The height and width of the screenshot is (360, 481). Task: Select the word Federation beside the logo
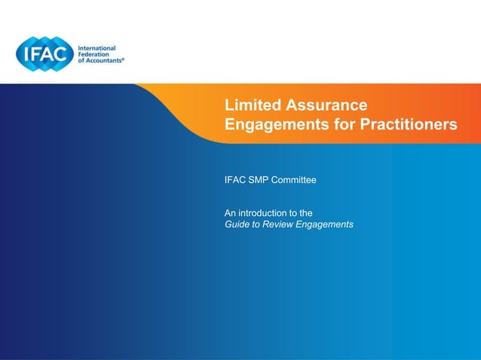[x=98, y=54]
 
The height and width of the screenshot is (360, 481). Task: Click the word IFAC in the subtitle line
[x=235, y=181]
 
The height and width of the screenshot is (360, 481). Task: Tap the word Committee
[x=295, y=181]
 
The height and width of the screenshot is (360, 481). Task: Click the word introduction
[x=266, y=213]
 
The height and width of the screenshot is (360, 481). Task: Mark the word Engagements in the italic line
[x=325, y=224]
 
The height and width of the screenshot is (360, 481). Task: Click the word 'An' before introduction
[x=231, y=213]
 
